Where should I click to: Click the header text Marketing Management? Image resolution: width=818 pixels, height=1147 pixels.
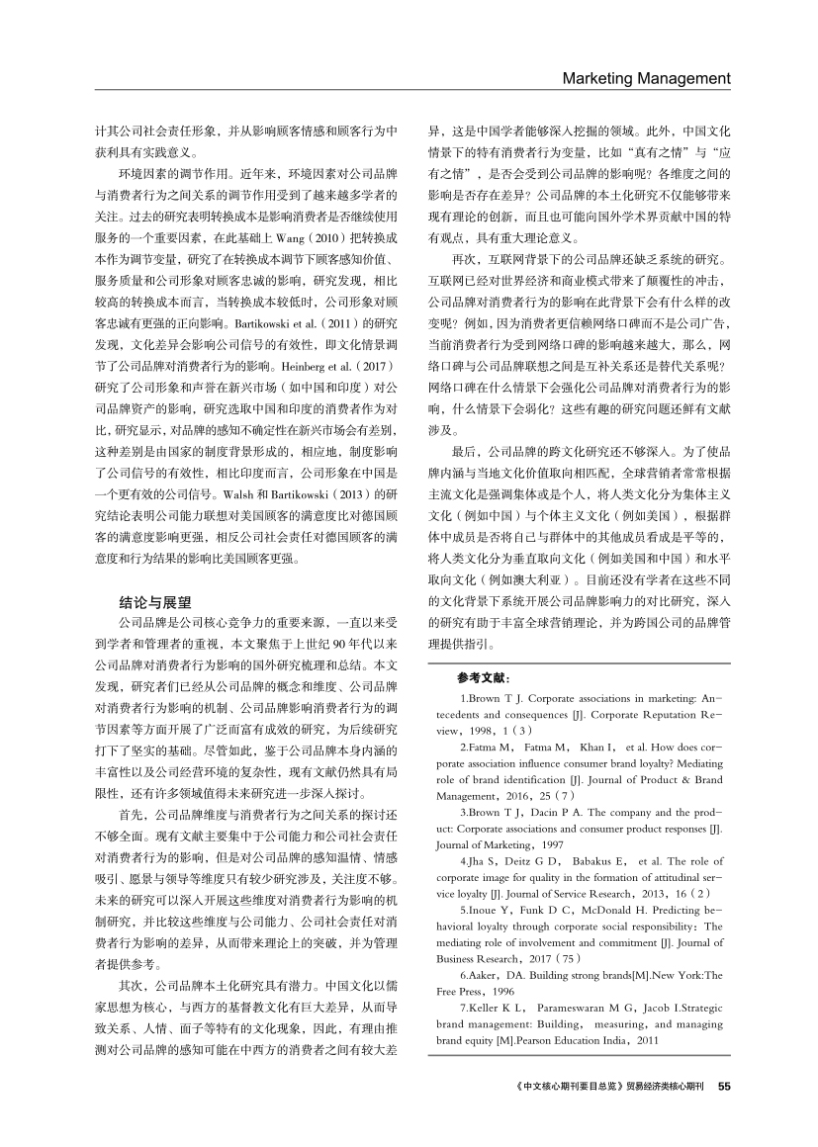coord(646,78)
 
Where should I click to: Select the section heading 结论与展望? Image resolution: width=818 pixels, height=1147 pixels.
coord(155,600)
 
